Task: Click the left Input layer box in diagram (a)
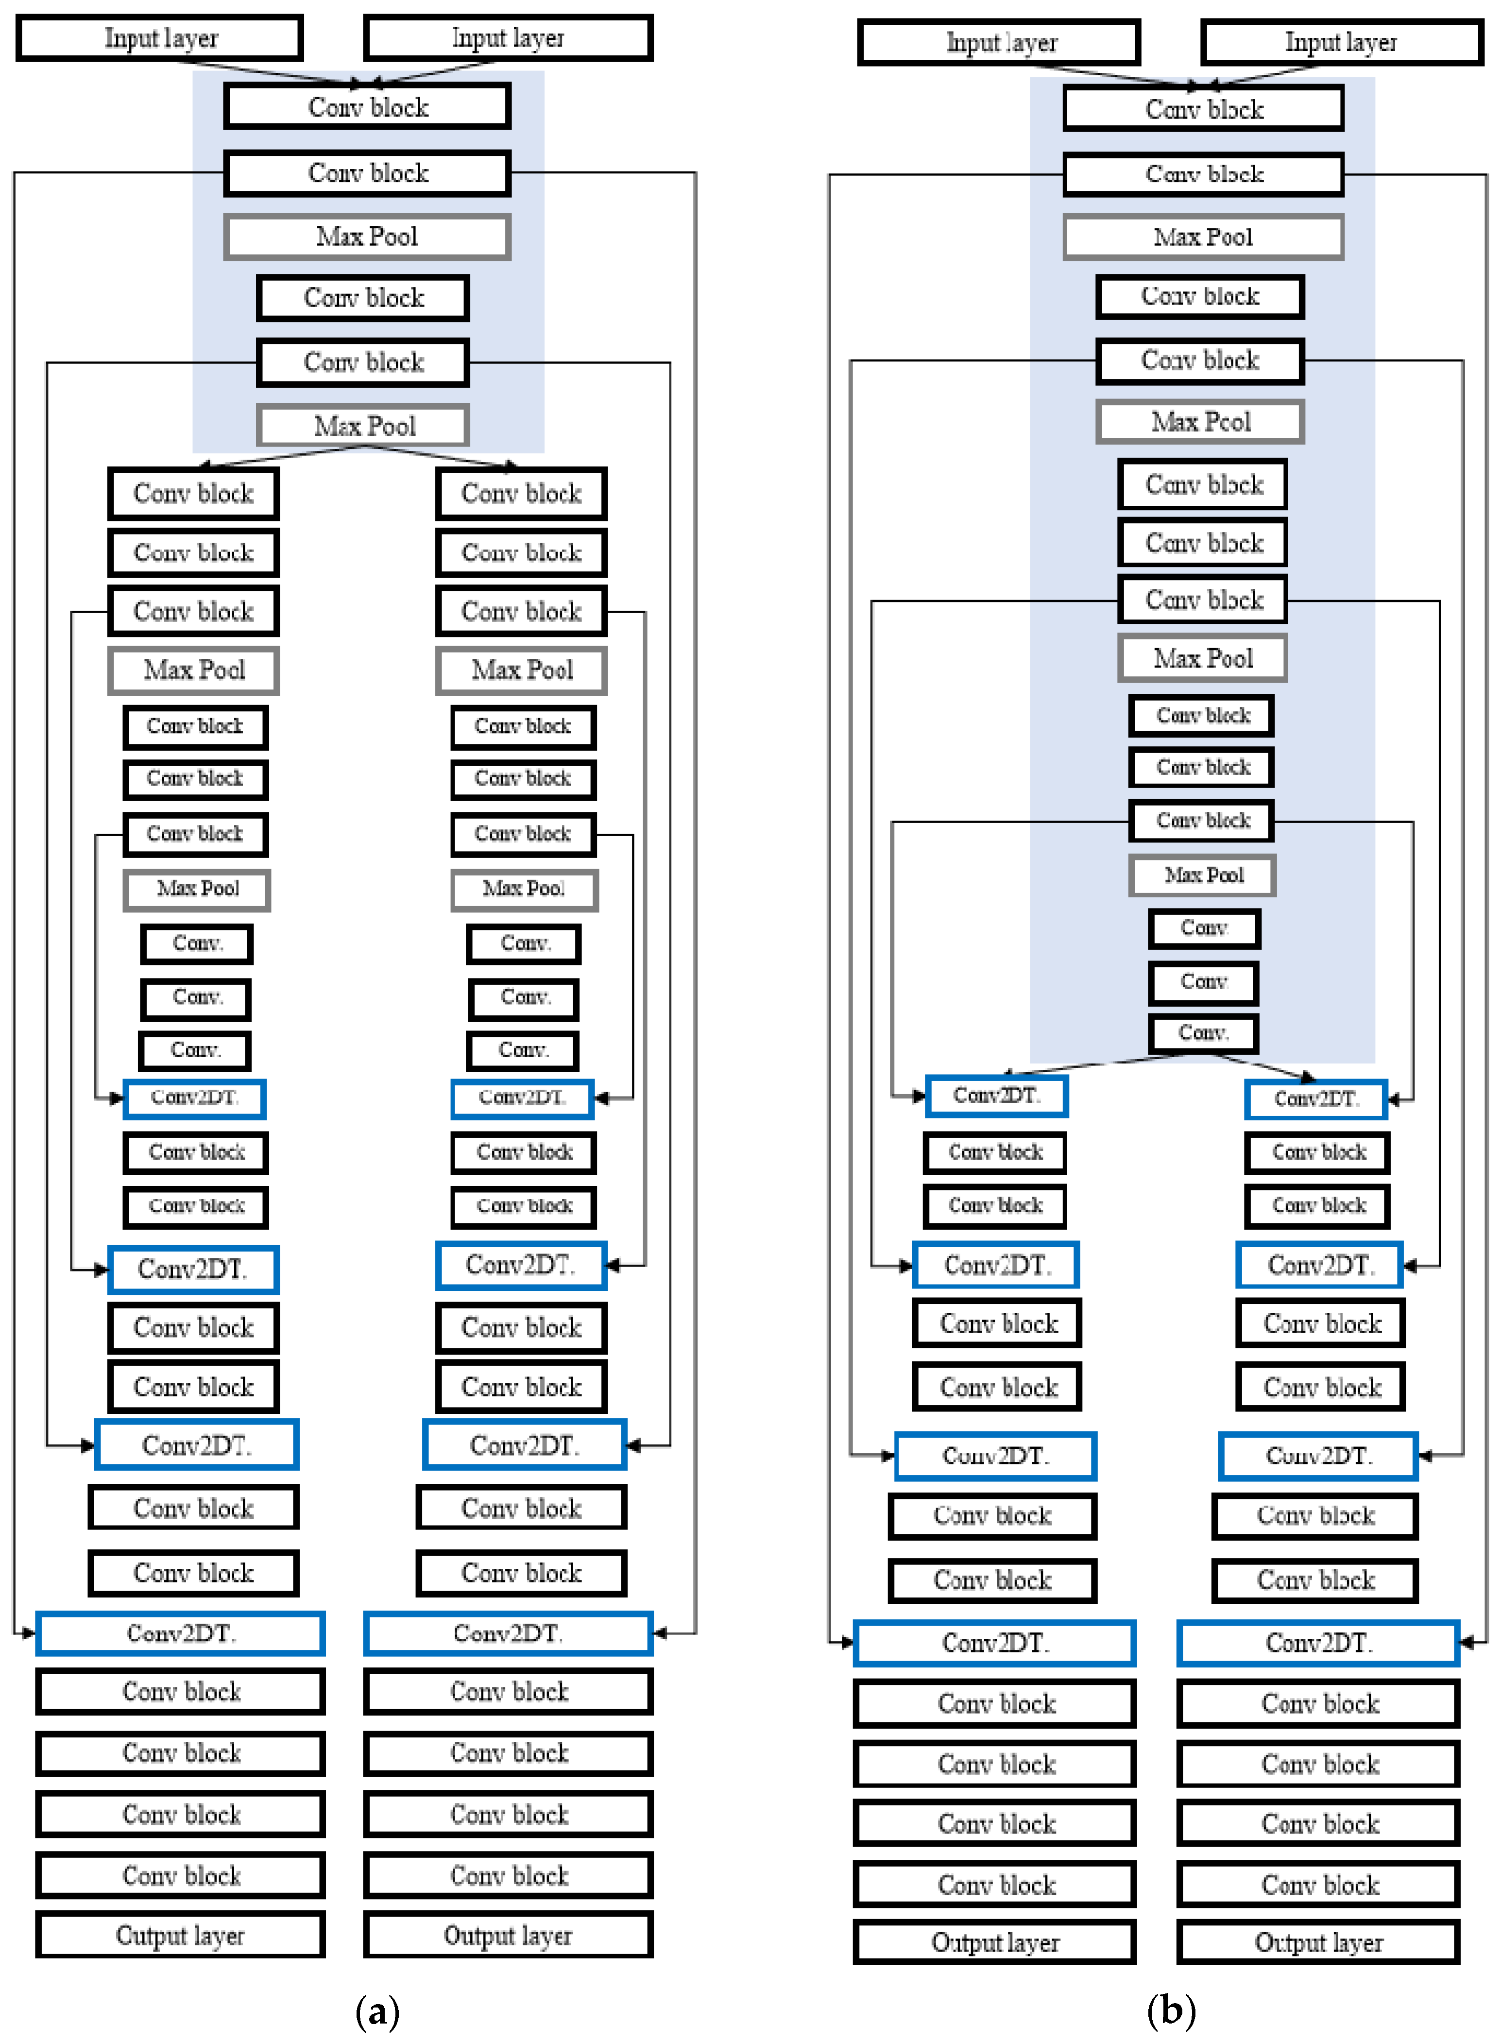tap(160, 38)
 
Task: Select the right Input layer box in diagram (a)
tap(508, 38)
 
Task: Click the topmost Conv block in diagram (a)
tap(367, 107)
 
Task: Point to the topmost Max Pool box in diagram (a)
tap(367, 236)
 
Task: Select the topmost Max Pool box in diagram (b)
tap(1203, 237)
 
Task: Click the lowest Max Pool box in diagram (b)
tap(1203, 875)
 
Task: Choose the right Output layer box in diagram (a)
tap(508, 1936)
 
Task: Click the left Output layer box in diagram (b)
tap(995, 1943)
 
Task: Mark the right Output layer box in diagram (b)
tap(1318, 1943)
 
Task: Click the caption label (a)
tap(377, 2011)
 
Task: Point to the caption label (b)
tap(1171, 2011)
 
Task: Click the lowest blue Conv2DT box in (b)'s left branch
tap(995, 1643)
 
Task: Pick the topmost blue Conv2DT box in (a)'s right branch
tap(523, 1098)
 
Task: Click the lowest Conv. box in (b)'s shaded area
tap(1203, 1033)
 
